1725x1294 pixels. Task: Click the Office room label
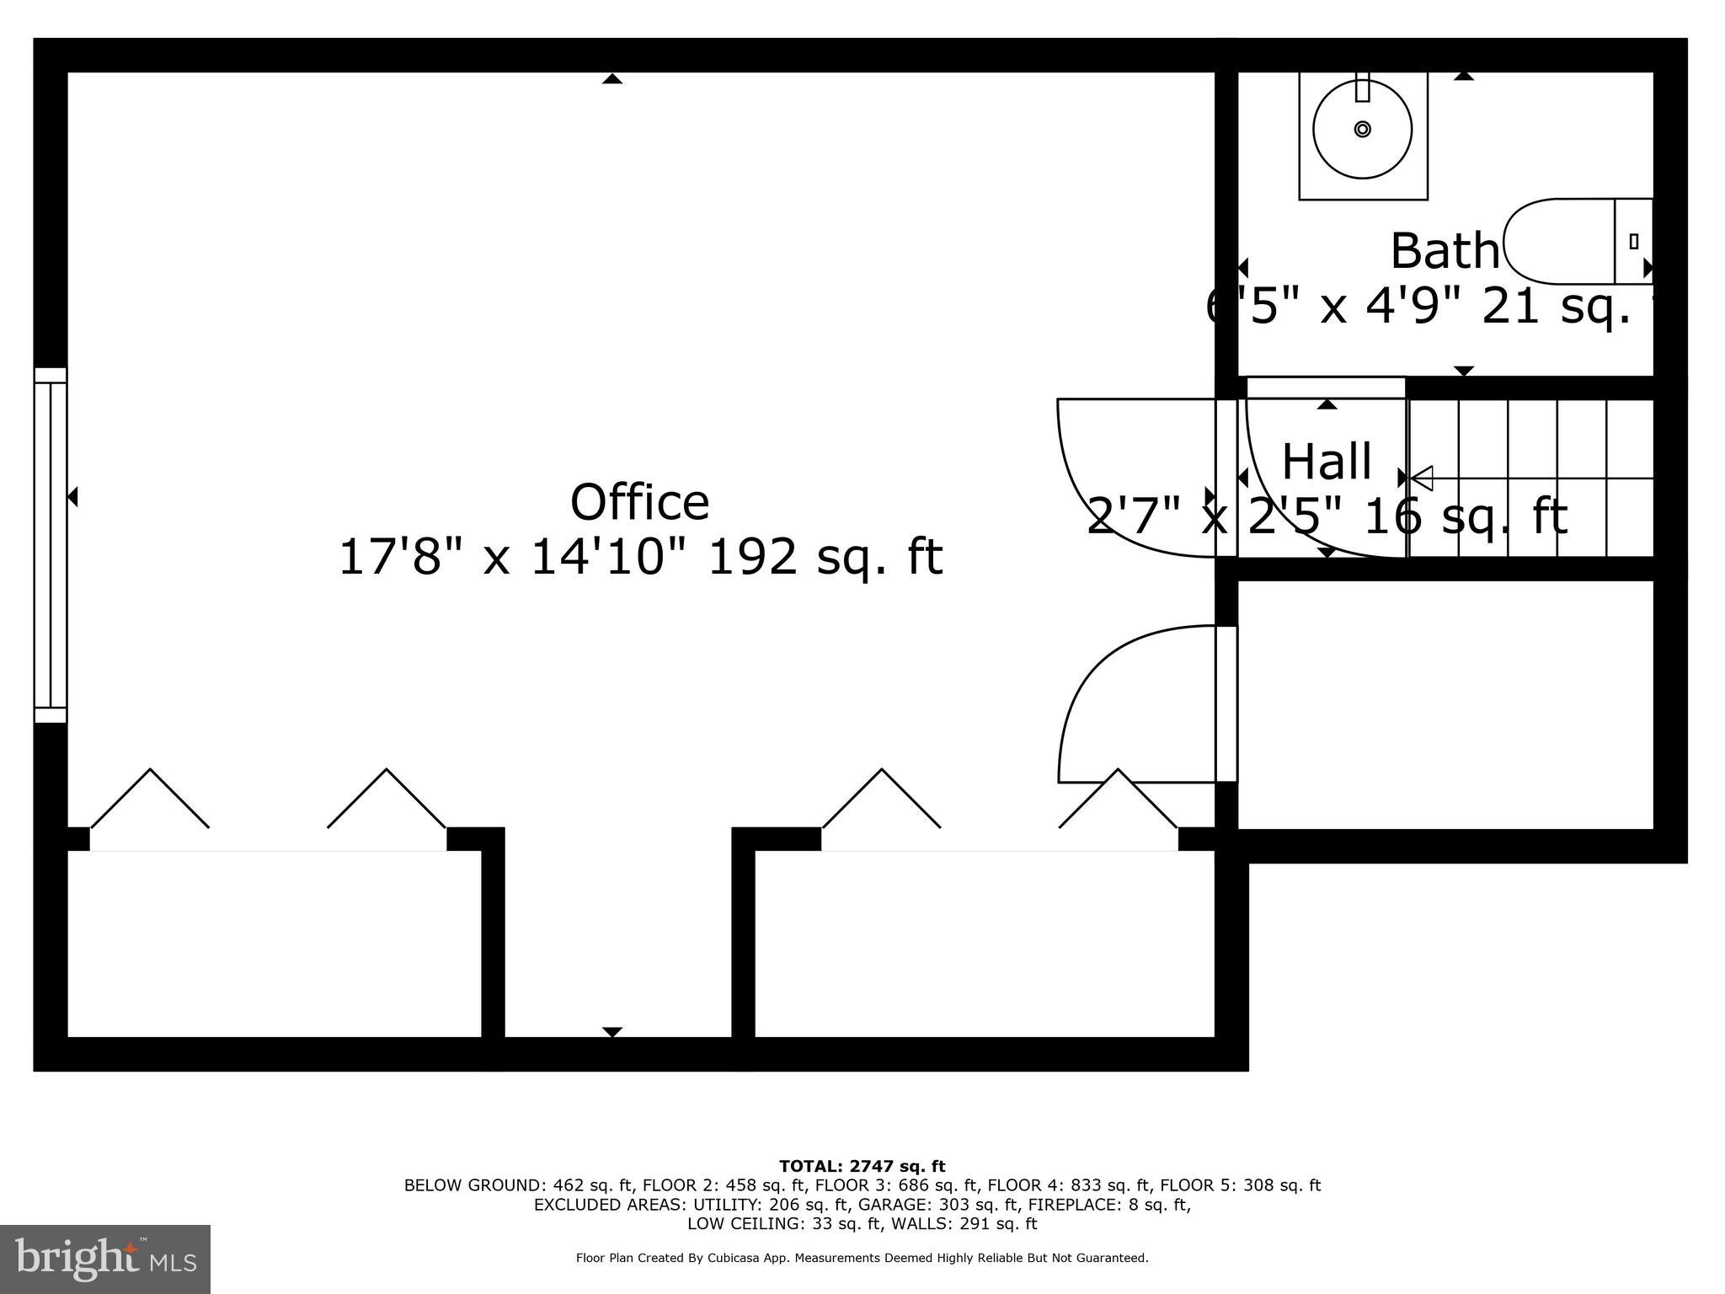[x=640, y=503]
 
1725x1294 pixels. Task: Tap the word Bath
[x=1445, y=251]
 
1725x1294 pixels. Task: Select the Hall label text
[x=1327, y=462]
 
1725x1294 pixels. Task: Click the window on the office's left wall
[x=51, y=545]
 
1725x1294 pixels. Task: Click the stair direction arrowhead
[x=1422, y=478]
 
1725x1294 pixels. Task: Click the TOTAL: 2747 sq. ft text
[x=862, y=1167]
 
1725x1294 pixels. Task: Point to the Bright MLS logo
[x=105, y=1259]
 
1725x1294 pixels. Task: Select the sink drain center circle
[x=1362, y=129]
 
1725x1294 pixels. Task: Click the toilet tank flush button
[x=1633, y=242]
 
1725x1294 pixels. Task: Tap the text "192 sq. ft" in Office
[x=825, y=557]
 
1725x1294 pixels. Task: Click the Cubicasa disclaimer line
[x=862, y=1258]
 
